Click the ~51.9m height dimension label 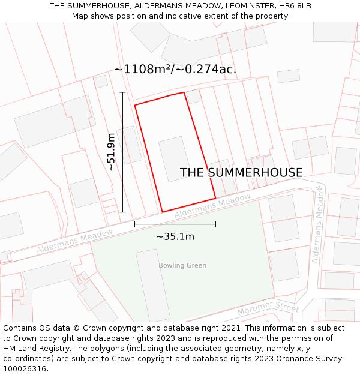(112, 152)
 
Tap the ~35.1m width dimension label (175, 236)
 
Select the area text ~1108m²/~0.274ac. (175, 70)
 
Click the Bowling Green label (182, 265)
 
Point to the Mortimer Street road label (268, 308)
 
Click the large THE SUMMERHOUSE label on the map (241, 173)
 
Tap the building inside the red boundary (174, 158)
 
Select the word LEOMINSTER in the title (242, 6)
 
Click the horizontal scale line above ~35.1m (175, 224)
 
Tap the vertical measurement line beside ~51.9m (123, 152)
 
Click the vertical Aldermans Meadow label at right (319, 224)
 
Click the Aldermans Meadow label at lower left (75, 241)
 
